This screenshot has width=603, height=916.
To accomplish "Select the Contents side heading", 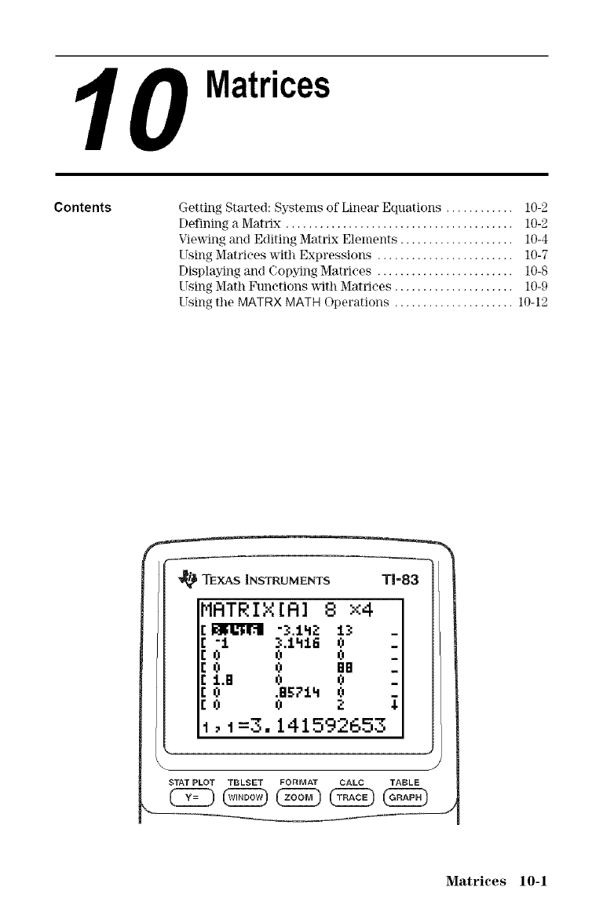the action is coord(82,208).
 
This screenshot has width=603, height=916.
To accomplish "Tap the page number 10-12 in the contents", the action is coord(532,280).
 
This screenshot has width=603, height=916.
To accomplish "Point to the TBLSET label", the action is coord(247,782).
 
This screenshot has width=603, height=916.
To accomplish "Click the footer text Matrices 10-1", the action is coord(495,881).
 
